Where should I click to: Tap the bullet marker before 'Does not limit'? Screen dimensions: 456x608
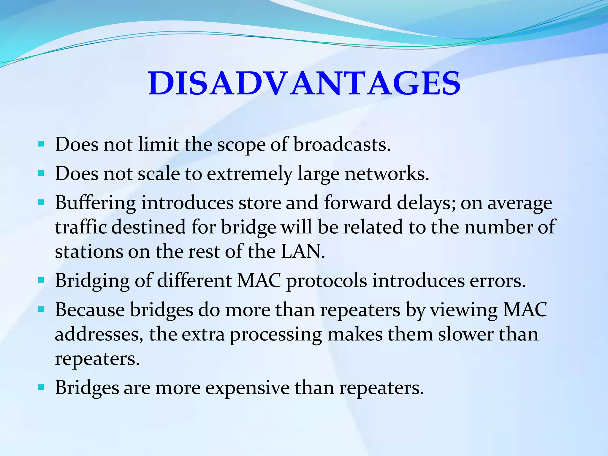pyautogui.click(x=41, y=145)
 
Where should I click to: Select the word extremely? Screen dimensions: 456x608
pyautogui.click(x=249, y=174)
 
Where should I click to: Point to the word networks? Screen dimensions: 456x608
pyautogui.click(x=387, y=174)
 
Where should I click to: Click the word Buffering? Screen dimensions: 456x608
pyautogui.click(x=96, y=203)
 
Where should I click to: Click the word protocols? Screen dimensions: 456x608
pyautogui.click(x=327, y=281)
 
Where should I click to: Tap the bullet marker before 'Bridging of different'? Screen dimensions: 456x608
pyautogui.click(x=41, y=280)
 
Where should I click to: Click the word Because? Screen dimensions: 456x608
pyautogui.click(x=90, y=310)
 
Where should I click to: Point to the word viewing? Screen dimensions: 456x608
pyautogui.click(x=464, y=310)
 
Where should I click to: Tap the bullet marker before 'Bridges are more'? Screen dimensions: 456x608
pyautogui.click(x=41, y=387)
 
